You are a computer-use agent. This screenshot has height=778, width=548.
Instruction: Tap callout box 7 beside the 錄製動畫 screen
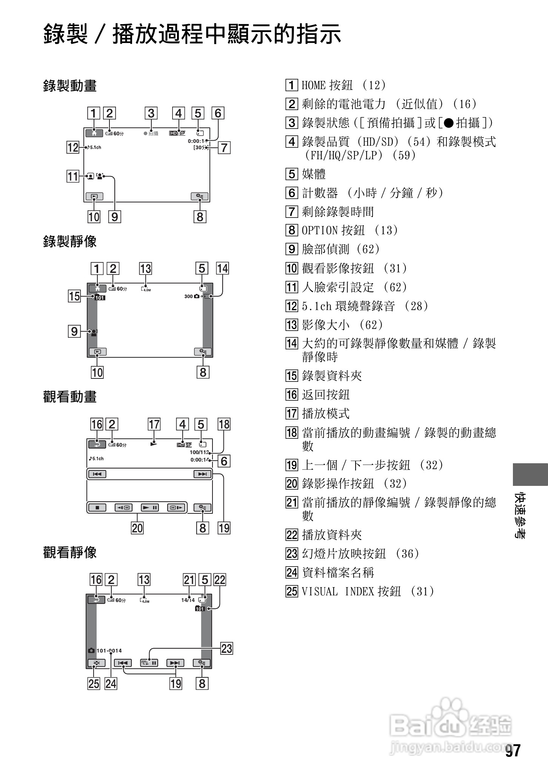pos(224,147)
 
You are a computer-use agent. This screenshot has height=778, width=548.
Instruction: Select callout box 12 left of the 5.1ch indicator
pos(72,147)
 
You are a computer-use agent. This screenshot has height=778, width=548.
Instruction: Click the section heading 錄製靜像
pos(70,241)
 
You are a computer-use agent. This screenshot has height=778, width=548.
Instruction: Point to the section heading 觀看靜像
pos(70,553)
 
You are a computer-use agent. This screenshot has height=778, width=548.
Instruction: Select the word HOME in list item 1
pos(313,85)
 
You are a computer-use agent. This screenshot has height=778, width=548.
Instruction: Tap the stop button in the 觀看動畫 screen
pos(97,508)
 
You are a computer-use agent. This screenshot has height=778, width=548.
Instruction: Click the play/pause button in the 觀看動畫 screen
pos(150,508)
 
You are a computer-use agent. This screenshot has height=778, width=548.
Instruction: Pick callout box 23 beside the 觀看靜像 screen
pos(227,648)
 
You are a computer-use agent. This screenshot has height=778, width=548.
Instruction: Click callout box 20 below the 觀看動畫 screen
pos(137,528)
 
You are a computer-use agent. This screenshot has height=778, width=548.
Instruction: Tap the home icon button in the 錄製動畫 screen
pos(94,133)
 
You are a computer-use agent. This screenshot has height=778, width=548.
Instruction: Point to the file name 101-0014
pos(109,651)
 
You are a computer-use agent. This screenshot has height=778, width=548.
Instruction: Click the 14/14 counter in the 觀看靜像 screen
pos(188,600)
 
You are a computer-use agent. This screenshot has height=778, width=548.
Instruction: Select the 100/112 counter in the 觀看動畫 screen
pos(199,452)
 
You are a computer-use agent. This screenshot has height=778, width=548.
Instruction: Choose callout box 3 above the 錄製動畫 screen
pos(151,113)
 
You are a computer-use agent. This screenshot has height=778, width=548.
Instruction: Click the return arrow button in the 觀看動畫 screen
pos(97,444)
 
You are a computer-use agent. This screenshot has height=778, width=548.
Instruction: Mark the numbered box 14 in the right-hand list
pos(292,343)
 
